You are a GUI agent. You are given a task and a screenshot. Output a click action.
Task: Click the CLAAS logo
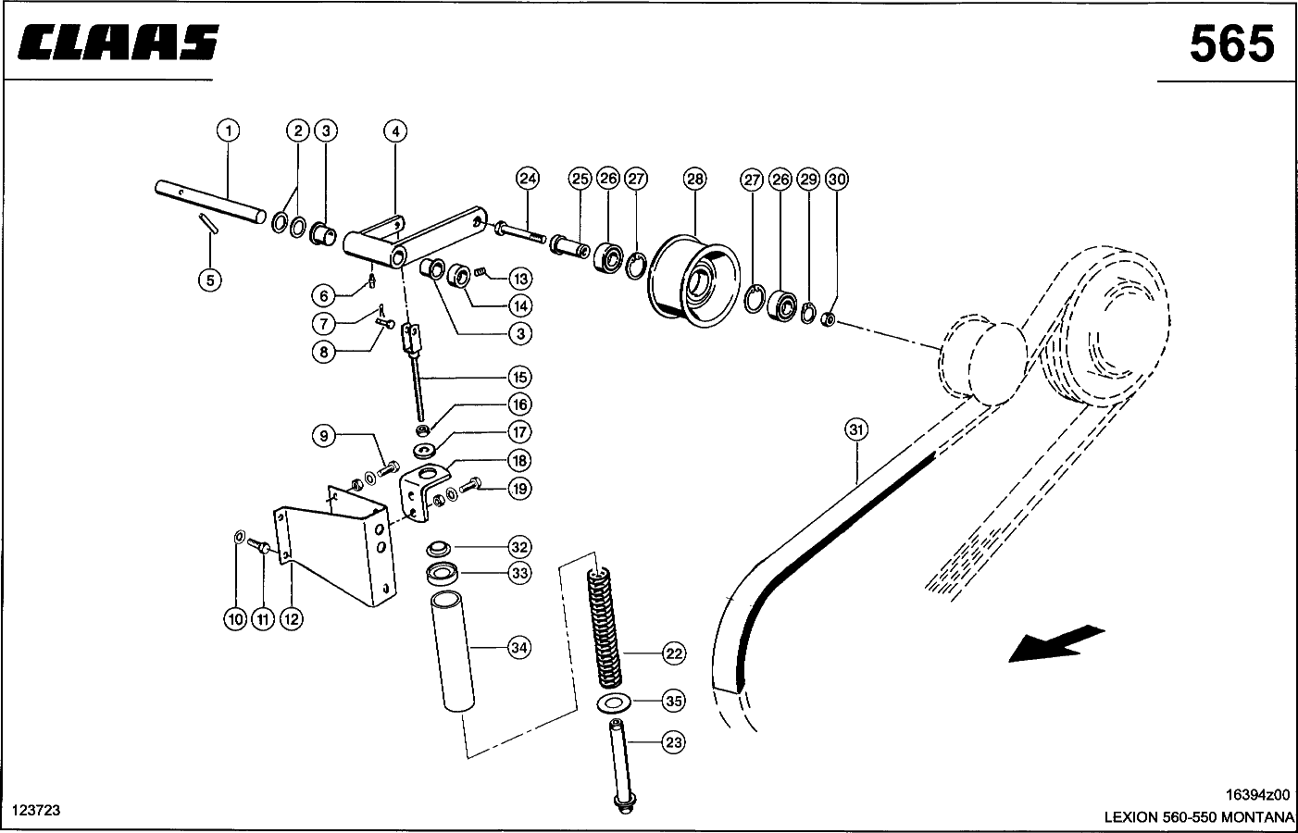click(119, 43)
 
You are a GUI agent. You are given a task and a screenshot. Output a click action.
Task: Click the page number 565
click(1232, 44)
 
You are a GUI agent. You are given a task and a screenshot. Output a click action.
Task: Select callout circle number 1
click(229, 131)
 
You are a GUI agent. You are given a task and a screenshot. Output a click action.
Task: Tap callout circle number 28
click(694, 179)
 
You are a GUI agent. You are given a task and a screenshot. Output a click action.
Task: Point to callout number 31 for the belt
click(856, 429)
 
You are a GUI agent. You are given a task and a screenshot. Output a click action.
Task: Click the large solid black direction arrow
click(1056, 643)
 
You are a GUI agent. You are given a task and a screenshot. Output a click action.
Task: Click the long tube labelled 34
click(452, 651)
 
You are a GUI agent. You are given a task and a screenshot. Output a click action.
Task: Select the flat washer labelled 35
click(614, 702)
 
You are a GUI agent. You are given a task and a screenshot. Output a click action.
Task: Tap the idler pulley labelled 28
click(693, 281)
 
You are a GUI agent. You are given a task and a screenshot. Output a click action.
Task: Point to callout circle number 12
click(291, 619)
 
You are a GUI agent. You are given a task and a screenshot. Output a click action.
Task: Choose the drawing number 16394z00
click(1257, 794)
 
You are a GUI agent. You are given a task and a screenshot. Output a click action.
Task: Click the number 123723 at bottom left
click(36, 811)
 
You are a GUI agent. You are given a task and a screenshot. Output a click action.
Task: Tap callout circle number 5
click(210, 280)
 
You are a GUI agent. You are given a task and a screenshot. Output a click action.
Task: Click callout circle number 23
click(673, 742)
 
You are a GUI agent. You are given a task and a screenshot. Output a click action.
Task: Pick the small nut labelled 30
click(829, 319)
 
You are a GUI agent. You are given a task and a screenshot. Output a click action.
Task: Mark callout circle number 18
click(519, 461)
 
